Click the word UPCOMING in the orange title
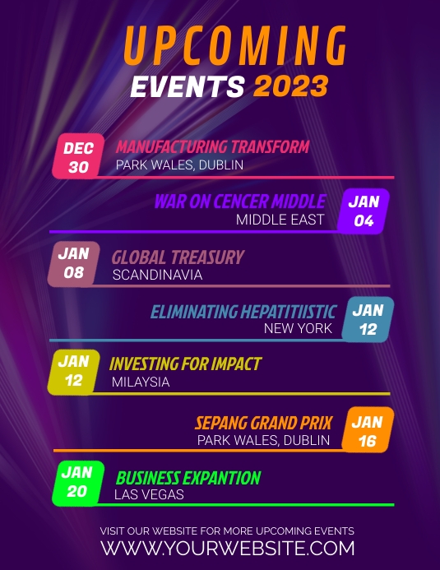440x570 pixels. (235, 46)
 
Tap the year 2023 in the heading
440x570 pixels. (290, 86)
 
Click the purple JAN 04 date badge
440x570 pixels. (364, 211)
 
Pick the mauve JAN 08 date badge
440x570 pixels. (73, 263)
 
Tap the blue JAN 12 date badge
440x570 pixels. (368, 319)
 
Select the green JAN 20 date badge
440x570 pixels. (76, 482)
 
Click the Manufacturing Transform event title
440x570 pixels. (212, 147)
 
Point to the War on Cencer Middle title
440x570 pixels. (239, 202)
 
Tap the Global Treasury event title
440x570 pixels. (178, 257)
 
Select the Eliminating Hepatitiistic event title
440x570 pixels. (243, 312)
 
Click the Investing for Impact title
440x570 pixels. (185, 364)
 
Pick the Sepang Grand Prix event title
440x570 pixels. (263, 424)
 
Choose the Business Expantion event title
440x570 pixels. (188, 478)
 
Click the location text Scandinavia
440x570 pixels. (157, 275)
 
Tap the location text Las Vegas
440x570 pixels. (149, 495)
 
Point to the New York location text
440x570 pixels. (298, 328)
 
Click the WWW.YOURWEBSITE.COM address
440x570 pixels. (228, 548)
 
